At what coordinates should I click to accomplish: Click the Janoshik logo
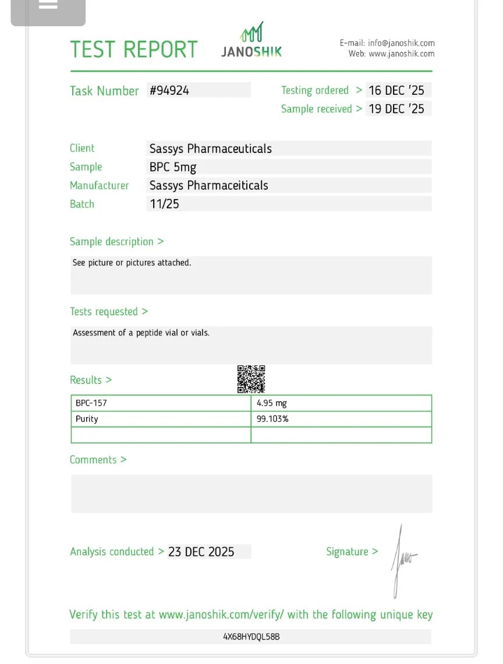pyautogui.click(x=251, y=41)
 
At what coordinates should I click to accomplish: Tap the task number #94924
pyautogui.click(x=169, y=90)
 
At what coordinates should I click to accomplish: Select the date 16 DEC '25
pyautogui.click(x=396, y=90)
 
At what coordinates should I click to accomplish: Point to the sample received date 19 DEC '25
pyautogui.click(x=396, y=109)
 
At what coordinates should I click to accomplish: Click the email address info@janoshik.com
pyautogui.click(x=401, y=43)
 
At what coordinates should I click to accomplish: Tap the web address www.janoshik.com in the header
pyautogui.click(x=402, y=54)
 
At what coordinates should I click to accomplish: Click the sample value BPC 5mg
pyautogui.click(x=173, y=167)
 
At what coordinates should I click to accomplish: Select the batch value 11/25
pyautogui.click(x=164, y=204)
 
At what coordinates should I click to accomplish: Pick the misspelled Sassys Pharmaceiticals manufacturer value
pyautogui.click(x=209, y=186)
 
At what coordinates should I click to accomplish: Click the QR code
pyautogui.click(x=251, y=379)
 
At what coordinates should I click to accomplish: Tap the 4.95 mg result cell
pyautogui.click(x=272, y=403)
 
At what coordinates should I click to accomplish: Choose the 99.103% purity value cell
pyautogui.click(x=272, y=419)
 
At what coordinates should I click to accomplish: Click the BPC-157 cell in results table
pyautogui.click(x=91, y=403)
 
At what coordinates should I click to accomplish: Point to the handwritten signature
pyautogui.click(x=402, y=560)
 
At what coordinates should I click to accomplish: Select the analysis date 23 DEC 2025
pyautogui.click(x=201, y=552)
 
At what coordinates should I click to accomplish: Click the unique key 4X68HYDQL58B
pyautogui.click(x=251, y=637)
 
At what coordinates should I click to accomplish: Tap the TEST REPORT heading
pyautogui.click(x=134, y=49)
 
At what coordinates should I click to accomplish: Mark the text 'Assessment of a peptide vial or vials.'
pyautogui.click(x=141, y=333)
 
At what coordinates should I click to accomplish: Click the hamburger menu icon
pyautogui.click(x=48, y=5)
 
